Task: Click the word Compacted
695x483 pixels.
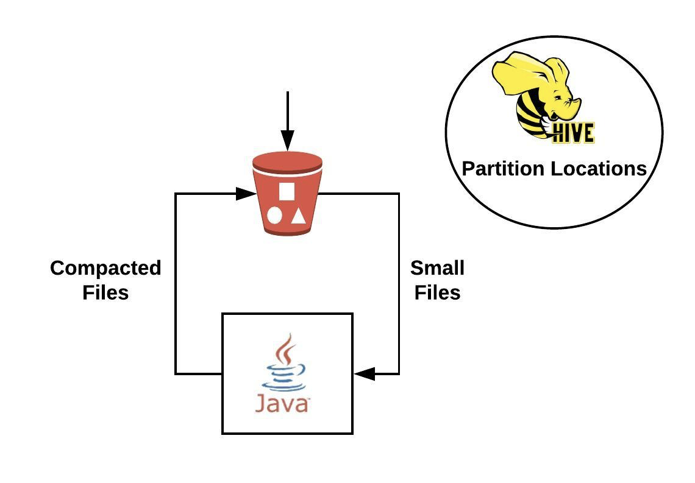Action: coord(105,268)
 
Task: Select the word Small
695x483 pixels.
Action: coord(437,268)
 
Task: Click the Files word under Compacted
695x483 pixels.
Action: coord(105,292)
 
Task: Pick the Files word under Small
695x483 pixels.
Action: coord(437,292)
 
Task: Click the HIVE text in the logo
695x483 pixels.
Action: coord(572,132)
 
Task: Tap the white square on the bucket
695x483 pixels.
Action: coord(287,191)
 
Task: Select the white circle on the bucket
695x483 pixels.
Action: coord(275,215)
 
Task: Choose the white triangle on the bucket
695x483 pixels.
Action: coord(298,215)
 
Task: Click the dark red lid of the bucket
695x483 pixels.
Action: coord(287,161)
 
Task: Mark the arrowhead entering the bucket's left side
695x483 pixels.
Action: coord(245,194)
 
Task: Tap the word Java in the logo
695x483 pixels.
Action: coord(282,403)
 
